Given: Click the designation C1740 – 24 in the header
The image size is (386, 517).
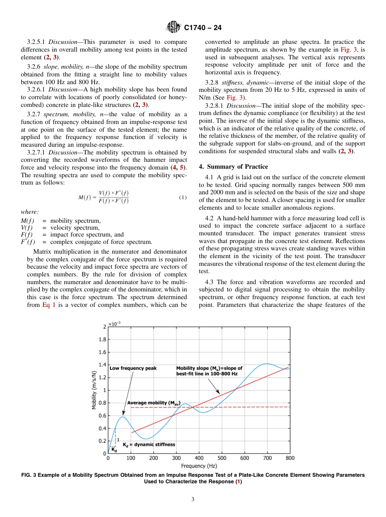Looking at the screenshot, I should pyautogui.click(x=203, y=28).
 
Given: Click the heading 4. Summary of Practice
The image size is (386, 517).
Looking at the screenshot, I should pyautogui.click(x=233, y=167).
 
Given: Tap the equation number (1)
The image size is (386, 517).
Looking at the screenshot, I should pyautogui.click(x=182, y=198).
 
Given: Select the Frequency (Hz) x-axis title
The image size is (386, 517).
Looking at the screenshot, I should pyautogui.click(x=199, y=466).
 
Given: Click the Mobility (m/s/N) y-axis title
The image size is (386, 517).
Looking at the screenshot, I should pyautogui.click(x=94, y=390).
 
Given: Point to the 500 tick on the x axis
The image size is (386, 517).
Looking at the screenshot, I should pyautogui.click(x=221, y=458).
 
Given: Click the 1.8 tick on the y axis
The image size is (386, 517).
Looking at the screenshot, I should pyautogui.click(x=103, y=339).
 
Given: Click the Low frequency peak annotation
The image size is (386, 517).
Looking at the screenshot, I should pyautogui.click(x=133, y=368).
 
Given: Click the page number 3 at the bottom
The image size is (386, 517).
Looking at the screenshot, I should pyautogui.click(x=193, y=500).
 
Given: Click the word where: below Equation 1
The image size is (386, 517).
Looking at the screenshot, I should pyautogui.click(x=30, y=212).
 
